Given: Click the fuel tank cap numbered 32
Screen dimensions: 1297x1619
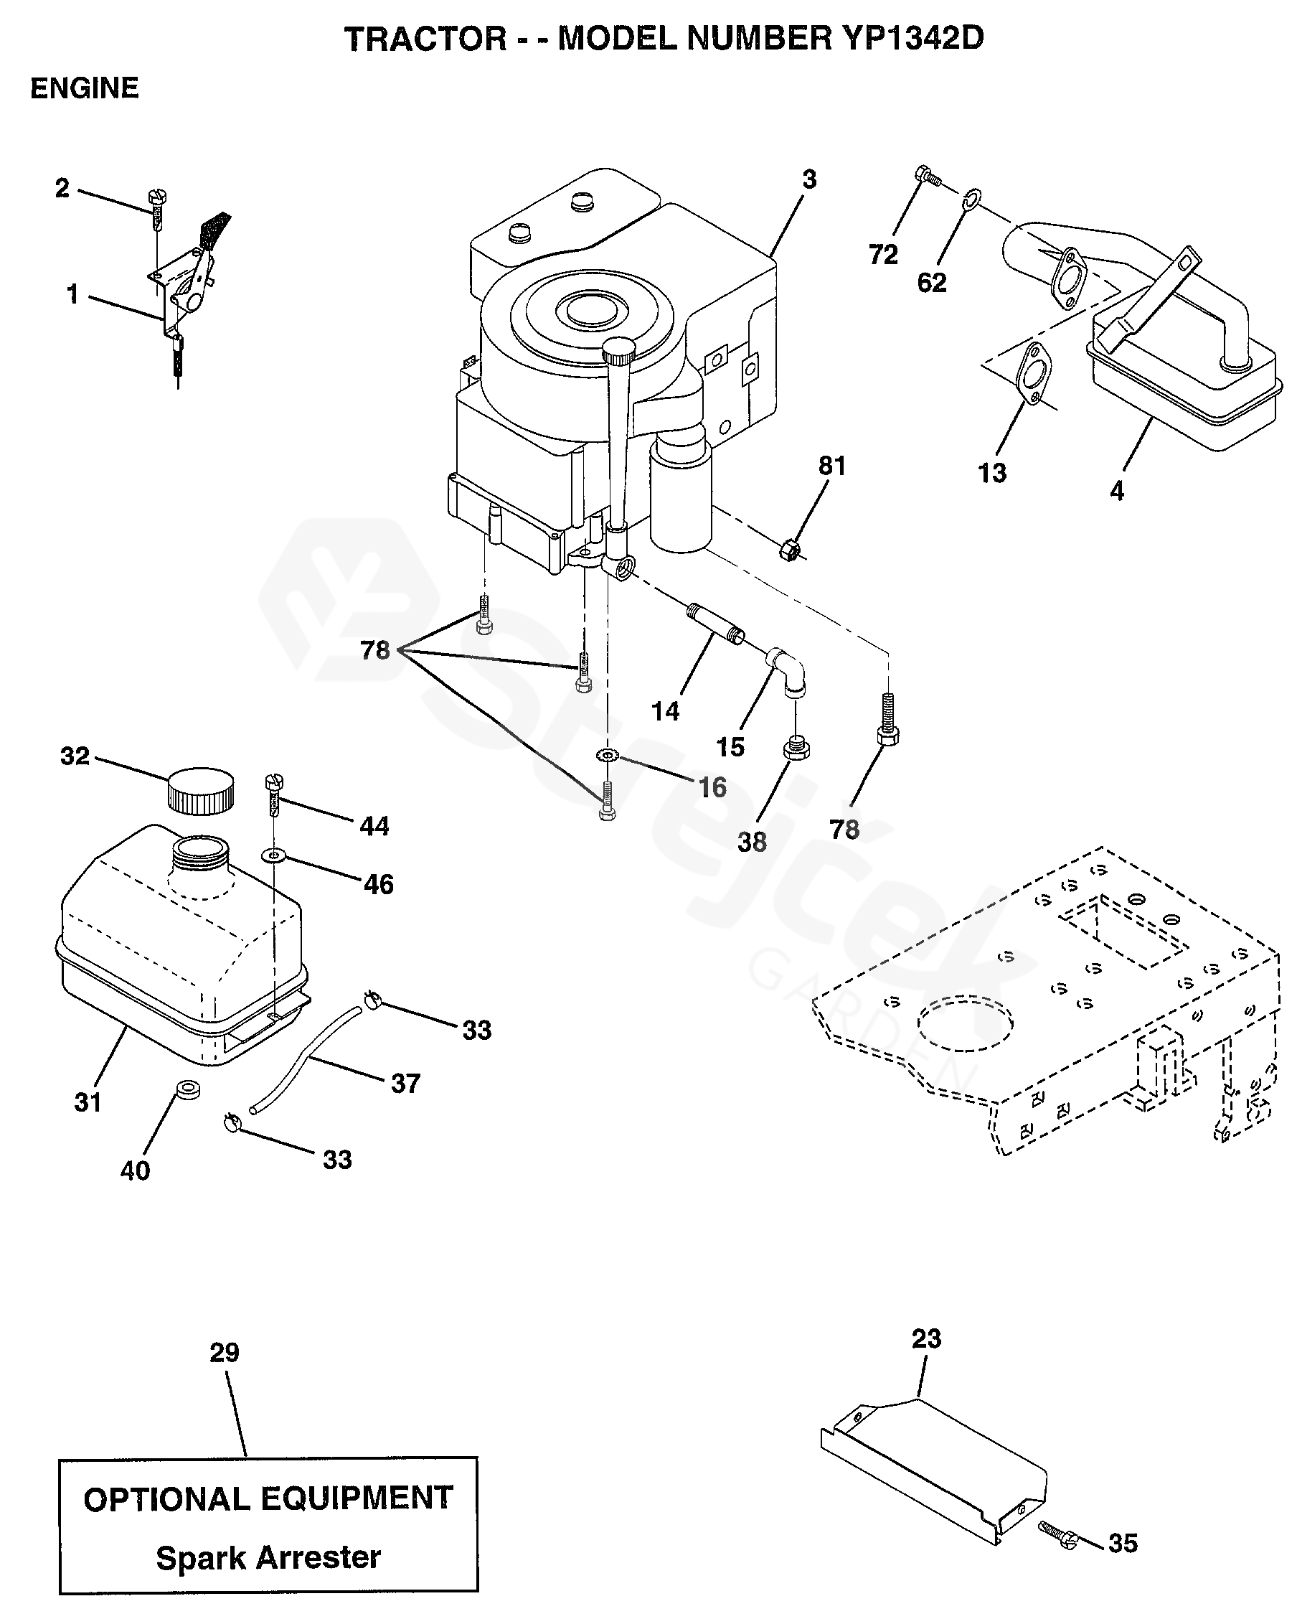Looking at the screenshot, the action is click(200, 791).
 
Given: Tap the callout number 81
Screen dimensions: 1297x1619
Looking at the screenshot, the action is click(831, 466).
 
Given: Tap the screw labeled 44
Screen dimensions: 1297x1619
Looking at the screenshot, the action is click(273, 797).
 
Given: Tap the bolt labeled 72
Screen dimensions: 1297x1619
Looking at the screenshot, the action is click(928, 177).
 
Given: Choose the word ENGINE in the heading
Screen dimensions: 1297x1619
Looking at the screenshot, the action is click(84, 88).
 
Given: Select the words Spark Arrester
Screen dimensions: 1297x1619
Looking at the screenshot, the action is click(268, 1557).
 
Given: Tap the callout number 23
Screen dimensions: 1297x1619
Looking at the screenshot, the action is click(926, 1338).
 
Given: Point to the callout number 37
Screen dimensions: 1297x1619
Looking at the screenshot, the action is click(405, 1083).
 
